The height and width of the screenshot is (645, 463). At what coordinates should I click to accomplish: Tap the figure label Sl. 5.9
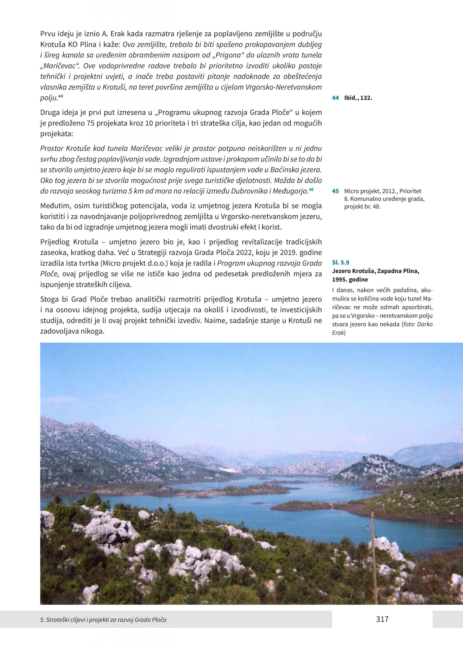pos(340,263)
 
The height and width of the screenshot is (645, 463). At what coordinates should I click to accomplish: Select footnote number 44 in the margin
pos(335,98)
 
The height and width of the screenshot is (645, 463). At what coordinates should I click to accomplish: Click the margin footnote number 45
pos(335,191)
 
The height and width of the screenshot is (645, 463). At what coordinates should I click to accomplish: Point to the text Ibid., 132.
pos(358,98)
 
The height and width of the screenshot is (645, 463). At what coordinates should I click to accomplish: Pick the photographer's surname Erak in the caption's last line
pos(338,333)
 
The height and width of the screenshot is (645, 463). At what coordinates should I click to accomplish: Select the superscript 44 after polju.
pos(60,97)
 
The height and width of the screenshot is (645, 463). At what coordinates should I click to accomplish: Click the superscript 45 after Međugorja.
pos(311,189)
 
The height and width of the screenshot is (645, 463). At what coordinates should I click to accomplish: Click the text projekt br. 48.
pos(362,207)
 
